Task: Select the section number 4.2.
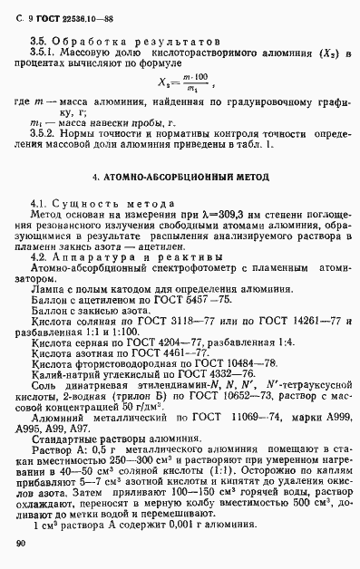click(x=40, y=257)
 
